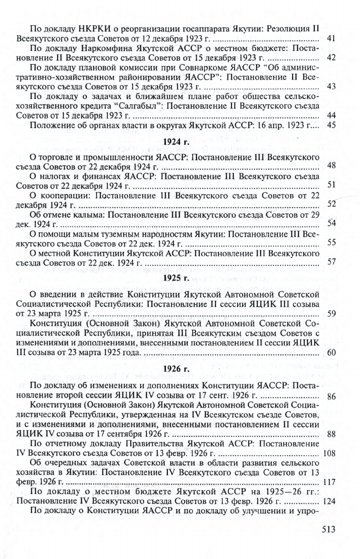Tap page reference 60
(331, 352)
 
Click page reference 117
(329, 482)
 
